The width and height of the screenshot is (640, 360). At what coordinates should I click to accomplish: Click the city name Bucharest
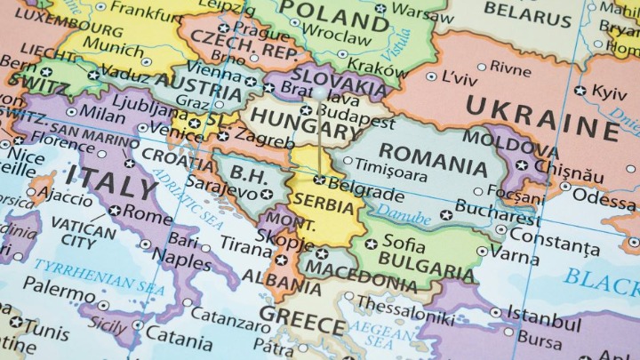497,213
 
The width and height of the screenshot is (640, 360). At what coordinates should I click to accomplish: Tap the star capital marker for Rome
115,211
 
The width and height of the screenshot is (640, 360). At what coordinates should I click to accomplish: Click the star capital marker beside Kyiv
580,91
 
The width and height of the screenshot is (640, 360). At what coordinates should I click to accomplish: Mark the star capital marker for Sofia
371,243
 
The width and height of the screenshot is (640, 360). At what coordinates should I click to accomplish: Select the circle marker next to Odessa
565,187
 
